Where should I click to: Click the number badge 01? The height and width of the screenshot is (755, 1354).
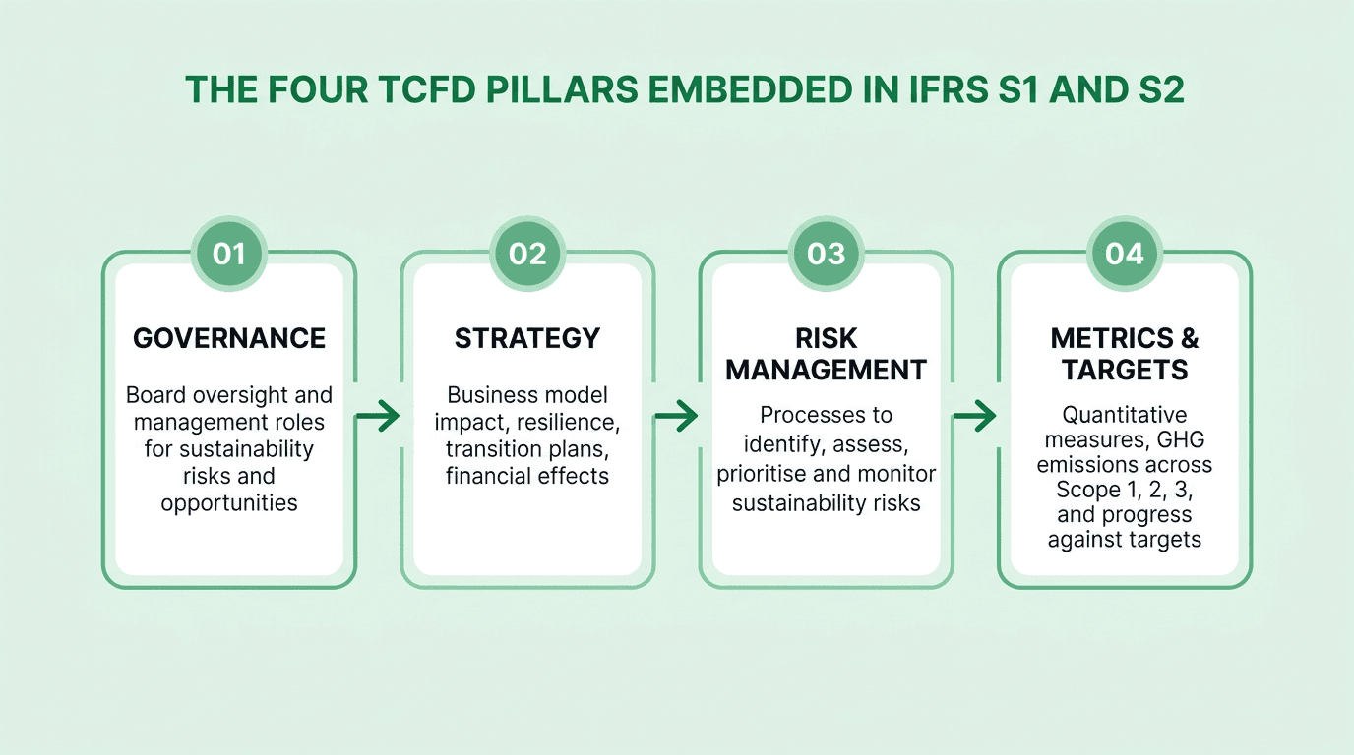coord(228,254)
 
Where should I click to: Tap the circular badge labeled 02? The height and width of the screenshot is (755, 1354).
coord(527,254)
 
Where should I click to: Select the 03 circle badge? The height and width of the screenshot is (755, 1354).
coord(827,254)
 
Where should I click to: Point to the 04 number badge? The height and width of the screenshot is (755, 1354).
coord(1125,254)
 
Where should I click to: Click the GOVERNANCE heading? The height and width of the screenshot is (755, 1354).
coord(229,338)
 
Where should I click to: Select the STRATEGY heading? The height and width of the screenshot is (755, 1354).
coord(527,338)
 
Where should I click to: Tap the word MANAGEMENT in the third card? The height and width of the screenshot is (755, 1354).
coord(827,370)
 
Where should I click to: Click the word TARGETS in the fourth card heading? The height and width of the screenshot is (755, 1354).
coord(1125,370)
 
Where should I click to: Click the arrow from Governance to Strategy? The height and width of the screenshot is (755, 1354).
coord(378,417)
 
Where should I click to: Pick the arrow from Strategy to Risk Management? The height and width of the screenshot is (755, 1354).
coord(677,417)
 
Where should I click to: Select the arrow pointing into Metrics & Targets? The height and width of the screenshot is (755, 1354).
coord(975,417)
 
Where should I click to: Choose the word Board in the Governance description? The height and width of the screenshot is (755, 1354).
coord(155,395)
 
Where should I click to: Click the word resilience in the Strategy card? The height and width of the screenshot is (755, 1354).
coord(574,422)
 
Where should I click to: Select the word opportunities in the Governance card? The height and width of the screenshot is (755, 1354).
coord(229,503)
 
